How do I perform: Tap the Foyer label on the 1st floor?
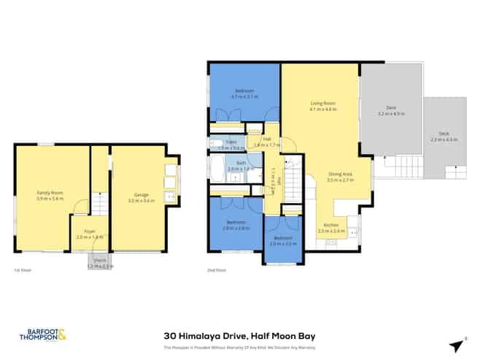[x=90, y=233]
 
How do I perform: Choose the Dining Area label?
[x=341, y=176]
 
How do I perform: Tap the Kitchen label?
[x=330, y=229]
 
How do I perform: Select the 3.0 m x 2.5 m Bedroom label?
[x=282, y=241]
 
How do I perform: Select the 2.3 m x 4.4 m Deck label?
[x=444, y=137]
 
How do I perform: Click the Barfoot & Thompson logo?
[x=41, y=336]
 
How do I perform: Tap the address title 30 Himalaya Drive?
[x=240, y=335]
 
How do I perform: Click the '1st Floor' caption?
[x=21, y=271]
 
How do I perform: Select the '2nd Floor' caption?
[x=216, y=271]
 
